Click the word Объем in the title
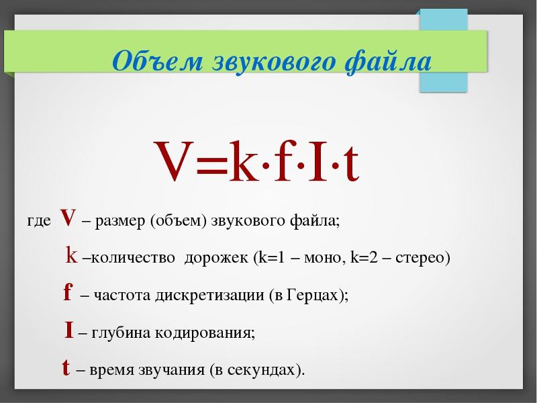tap(158, 60)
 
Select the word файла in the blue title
tap(388, 62)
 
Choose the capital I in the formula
tap(317, 161)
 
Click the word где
tap(39, 222)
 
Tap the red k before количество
tap(71, 255)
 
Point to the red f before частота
tap(68, 293)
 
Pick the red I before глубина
tap(69, 330)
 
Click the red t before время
tap(66, 367)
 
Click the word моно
tap(323, 258)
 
